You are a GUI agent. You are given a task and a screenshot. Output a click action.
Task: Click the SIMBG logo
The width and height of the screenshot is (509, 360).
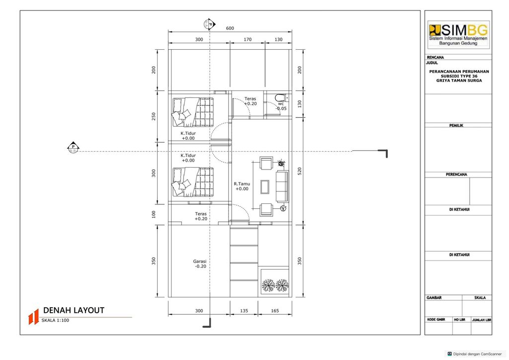point(458,34)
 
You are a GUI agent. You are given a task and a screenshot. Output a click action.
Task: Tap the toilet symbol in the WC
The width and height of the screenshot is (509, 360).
point(280,97)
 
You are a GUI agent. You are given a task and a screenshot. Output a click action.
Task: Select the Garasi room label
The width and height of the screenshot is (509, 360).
point(200,264)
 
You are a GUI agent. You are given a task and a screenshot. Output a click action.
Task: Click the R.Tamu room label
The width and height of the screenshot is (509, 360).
point(242,186)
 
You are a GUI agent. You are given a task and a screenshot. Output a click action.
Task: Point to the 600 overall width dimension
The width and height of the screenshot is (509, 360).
point(230,28)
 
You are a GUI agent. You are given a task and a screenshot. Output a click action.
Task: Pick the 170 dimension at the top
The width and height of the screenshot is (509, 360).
point(248,39)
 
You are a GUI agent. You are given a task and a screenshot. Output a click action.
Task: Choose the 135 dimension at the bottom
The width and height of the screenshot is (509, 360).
point(244,311)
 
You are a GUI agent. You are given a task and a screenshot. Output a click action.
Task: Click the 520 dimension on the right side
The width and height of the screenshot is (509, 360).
point(300,171)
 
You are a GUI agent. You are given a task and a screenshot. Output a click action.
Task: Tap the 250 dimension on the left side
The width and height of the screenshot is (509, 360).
point(154,116)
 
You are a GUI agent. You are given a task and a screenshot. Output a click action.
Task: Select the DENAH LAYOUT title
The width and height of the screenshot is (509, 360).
point(74,310)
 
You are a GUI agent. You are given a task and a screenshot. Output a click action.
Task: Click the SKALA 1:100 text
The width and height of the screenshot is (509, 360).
point(55,320)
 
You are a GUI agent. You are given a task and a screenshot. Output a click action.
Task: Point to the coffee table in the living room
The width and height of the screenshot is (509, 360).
point(265,186)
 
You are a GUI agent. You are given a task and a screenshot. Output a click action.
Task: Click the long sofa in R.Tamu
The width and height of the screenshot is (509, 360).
point(282,186)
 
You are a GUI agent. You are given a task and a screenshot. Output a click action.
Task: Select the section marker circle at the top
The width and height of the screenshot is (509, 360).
point(209,24)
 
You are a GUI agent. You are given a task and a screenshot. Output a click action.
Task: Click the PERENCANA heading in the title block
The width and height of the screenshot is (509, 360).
point(456,175)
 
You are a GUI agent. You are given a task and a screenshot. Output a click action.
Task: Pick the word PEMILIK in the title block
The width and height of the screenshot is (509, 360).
point(456,125)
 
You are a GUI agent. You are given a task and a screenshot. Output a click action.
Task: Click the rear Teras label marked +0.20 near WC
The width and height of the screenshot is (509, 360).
point(251,101)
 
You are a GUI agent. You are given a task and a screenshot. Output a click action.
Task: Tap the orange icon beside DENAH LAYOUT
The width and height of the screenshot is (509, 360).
point(33,317)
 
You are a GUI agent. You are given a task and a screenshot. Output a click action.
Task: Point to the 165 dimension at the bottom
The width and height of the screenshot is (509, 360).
point(274,311)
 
